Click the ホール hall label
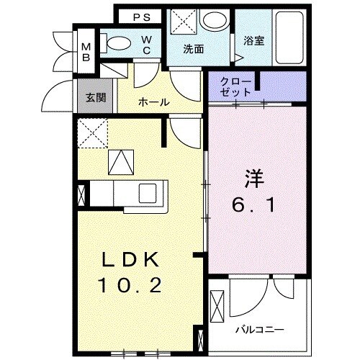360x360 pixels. pos(154,102)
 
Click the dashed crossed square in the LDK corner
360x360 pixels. pos(92,132)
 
